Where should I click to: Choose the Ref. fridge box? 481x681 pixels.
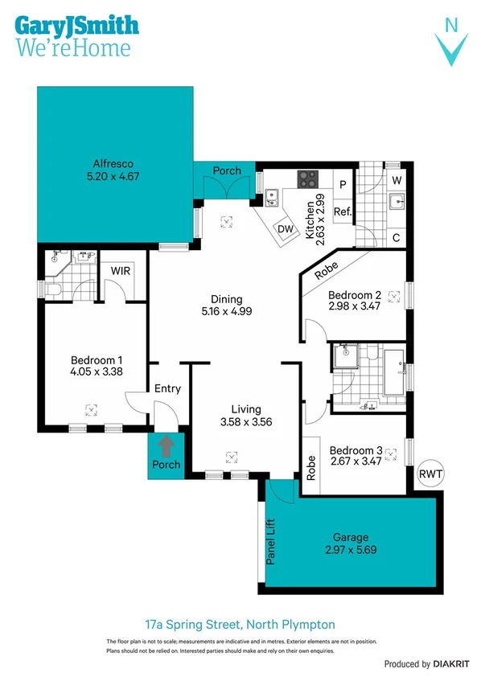(x=343, y=212)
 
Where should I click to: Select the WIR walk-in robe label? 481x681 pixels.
(x=121, y=270)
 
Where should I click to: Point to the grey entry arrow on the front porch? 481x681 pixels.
(x=167, y=445)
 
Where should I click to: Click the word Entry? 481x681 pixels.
(x=167, y=389)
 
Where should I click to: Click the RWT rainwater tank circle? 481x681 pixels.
(x=430, y=474)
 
